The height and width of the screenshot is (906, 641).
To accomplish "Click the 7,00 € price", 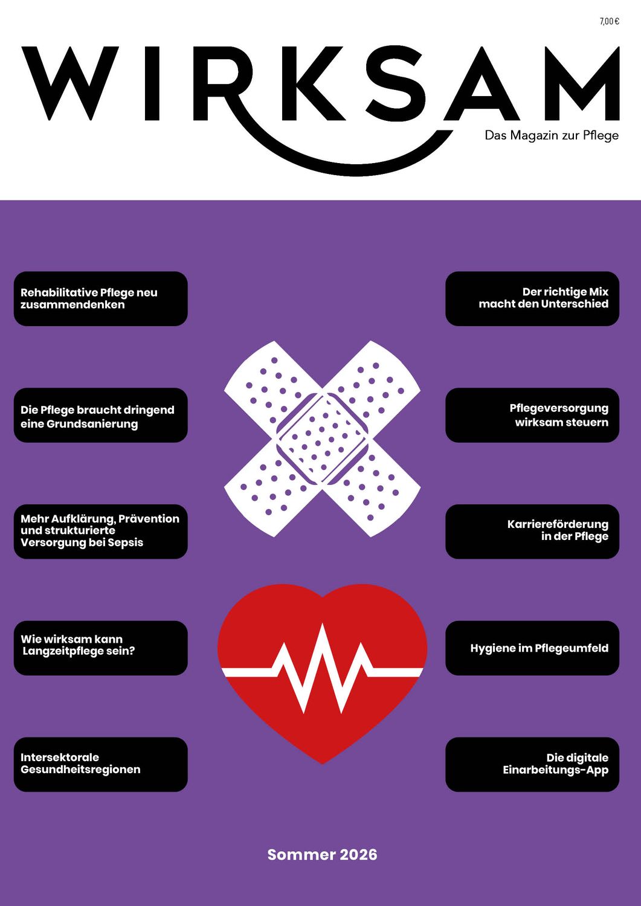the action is coord(609,22).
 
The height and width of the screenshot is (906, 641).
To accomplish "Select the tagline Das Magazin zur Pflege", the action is coord(552,135).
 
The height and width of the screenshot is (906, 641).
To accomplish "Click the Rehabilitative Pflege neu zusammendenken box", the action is coord(101,298).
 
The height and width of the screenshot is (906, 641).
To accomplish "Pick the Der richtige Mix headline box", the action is coord(532,298).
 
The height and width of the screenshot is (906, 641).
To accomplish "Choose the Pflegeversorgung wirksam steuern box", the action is coord(532,415).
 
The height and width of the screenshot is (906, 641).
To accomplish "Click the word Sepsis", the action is coord(126,542).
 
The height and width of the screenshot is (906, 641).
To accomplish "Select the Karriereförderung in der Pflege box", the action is coord(532,532).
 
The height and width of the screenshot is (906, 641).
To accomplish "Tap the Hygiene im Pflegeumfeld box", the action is coord(532,648).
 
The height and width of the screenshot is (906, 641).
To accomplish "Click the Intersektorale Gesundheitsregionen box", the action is coord(101,765).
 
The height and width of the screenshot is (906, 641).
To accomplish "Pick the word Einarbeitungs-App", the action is coord(556,770).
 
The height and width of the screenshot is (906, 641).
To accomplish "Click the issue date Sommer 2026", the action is coord(322,855).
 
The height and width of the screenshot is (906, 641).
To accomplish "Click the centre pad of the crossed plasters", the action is coord(322,439).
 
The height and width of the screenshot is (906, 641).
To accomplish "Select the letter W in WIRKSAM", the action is coord(69,83).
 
